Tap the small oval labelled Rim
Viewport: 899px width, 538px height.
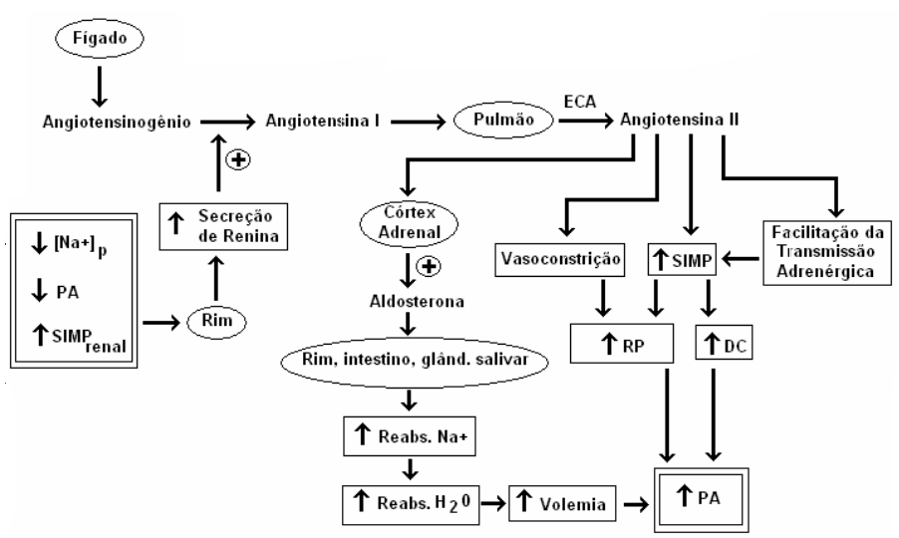pyautogui.click(x=211, y=322)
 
